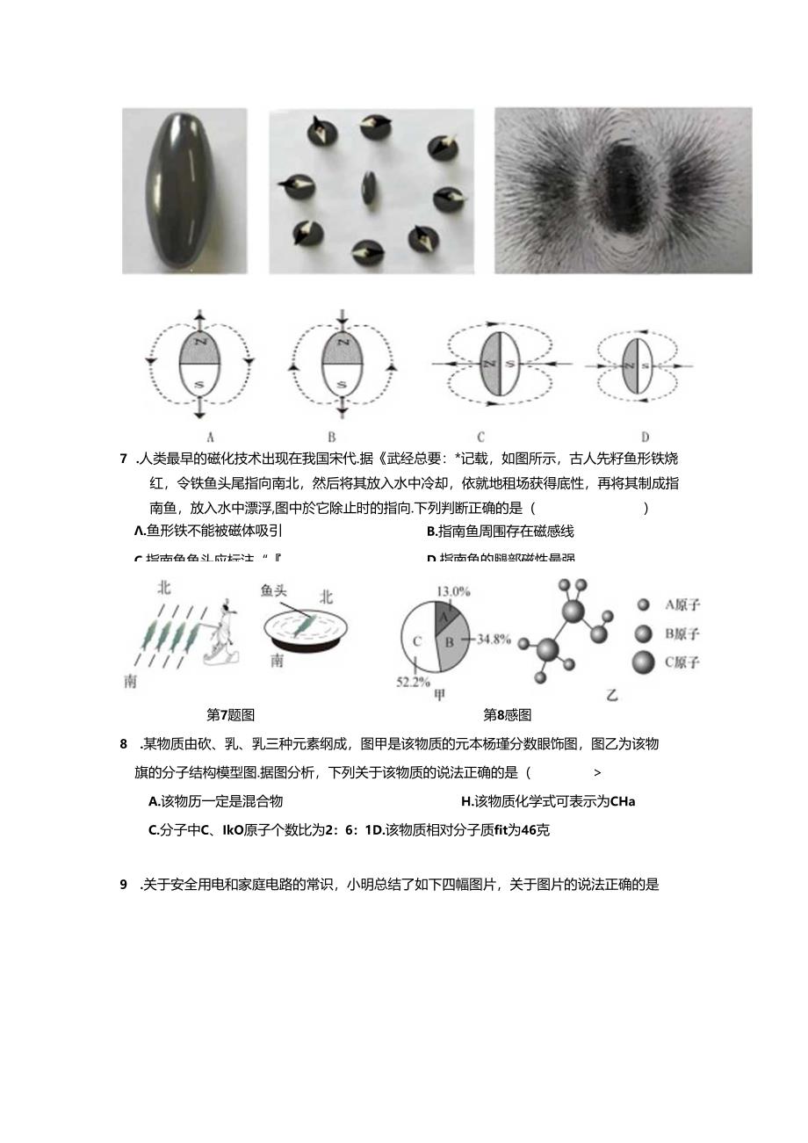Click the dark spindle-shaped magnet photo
(184, 190)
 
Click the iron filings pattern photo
(624, 190)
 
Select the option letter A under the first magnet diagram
(210, 435)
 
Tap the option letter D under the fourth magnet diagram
(645, 435)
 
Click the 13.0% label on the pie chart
(455, 591)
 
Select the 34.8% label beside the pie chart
(492, 639)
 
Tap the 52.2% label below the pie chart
(413, 681)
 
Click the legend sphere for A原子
(644, 604)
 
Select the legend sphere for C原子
(644, 662)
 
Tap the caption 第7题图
(230, 715)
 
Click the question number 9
(124, 885)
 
